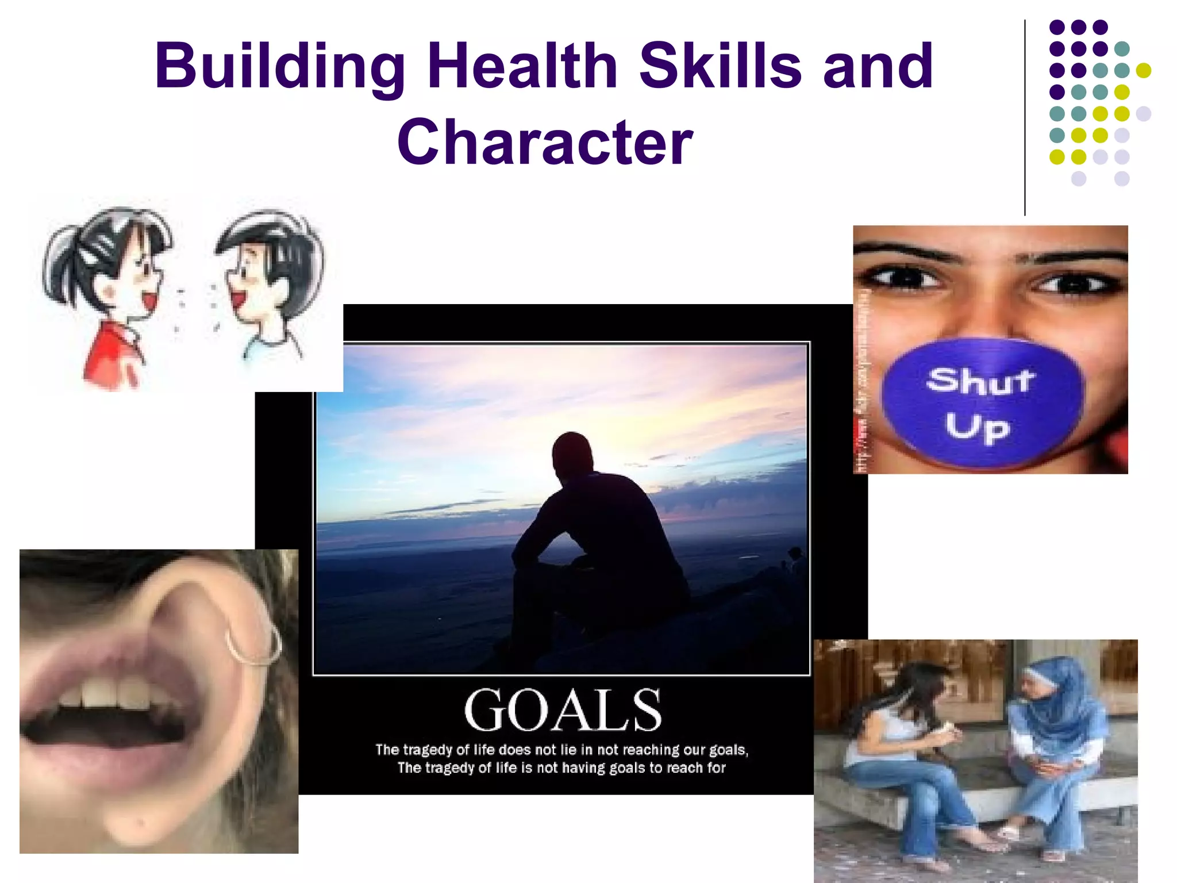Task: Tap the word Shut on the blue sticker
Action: [x=980, y=380]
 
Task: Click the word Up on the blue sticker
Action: [x=977, y=427]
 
